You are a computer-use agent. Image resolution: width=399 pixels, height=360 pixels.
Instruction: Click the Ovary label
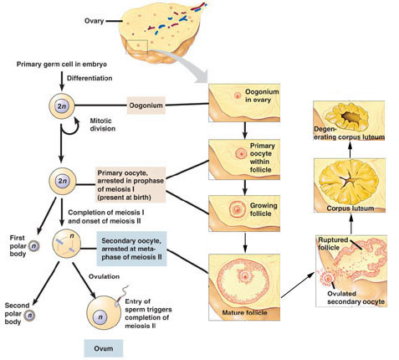point(94,21)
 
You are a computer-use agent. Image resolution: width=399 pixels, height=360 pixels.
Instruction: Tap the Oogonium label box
point(146,105)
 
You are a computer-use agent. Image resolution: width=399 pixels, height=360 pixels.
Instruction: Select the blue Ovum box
point(104,348)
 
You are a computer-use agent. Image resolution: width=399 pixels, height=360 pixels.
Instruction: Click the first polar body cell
point(34,246)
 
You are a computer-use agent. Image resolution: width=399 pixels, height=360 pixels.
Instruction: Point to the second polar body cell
point(29,316)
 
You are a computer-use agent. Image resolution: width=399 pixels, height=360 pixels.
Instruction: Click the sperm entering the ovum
point(121,296)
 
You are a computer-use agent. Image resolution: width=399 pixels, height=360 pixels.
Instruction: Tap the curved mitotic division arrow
point(70,127)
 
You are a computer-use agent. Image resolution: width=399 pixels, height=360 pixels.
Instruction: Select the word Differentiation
point(90,78)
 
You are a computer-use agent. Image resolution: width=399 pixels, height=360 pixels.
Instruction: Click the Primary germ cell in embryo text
point(62,64)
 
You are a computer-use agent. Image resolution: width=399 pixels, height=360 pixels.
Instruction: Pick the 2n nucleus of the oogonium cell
point(62,106)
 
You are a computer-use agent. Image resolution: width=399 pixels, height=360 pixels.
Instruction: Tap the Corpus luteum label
point(350,208)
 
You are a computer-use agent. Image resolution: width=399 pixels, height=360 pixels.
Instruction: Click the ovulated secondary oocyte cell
point(327,278)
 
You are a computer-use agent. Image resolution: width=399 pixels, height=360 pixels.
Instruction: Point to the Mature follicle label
point(244,312)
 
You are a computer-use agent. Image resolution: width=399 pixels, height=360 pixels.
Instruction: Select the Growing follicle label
point(263,209)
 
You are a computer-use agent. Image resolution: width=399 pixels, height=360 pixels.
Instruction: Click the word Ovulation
point(104,276)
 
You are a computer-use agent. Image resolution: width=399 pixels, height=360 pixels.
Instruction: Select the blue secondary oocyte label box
point(131,249)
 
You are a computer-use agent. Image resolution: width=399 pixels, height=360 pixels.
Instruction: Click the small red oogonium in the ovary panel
point(238,96)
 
